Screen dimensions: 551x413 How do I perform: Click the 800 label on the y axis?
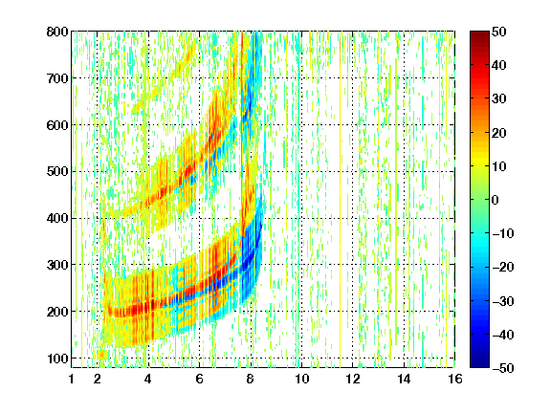click(57, 32)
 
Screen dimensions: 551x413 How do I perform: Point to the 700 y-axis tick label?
click(57, 78)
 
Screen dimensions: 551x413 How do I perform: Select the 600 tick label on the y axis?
click(57, 125)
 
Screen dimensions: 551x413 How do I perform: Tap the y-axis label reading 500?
click(57, 172)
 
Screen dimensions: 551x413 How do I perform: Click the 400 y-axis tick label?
click(57, 218)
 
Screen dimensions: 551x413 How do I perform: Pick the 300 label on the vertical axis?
click(57, 265)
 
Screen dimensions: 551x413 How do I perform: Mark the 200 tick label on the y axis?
click(57, 312)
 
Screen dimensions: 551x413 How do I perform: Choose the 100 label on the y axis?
click(57, 359)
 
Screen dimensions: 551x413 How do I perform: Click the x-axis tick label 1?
click(72, 379)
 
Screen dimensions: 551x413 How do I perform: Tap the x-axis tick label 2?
click(98, 379)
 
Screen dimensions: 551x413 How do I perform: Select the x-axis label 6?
click(199, 379)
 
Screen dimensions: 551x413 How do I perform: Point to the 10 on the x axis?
click(301, 379)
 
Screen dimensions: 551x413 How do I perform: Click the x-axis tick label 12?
click(353, 379)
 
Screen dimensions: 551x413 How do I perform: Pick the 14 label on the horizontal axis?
click(404, 379)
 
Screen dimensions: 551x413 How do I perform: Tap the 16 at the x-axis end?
click(455, 379)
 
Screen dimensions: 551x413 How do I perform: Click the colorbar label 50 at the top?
click(498, 32)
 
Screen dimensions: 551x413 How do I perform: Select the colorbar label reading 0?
click(496, 200)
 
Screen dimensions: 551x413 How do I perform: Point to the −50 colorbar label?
click(503, 368)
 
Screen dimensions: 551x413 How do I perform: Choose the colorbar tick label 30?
click(498, 99)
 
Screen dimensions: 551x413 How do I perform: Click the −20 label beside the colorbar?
click(503, 268)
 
